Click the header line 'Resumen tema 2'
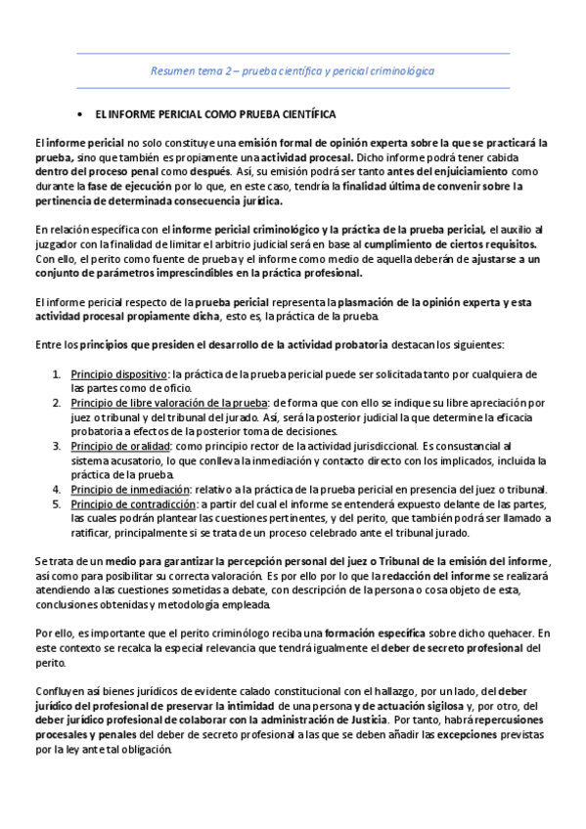click(x=293, y=71)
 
